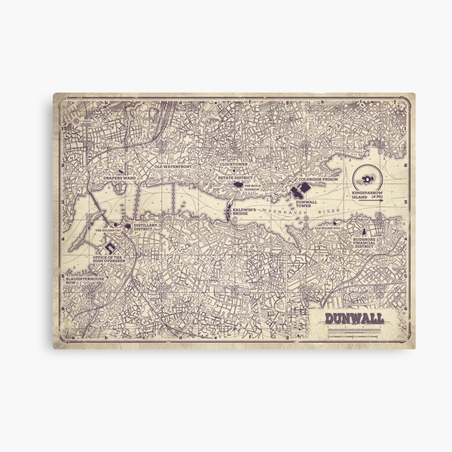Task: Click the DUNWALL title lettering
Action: (x=354, y=317)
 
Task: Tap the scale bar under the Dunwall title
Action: (x=354, y=329)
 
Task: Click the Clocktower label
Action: (x=234, y=163)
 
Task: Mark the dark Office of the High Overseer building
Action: (x=108, y=243)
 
